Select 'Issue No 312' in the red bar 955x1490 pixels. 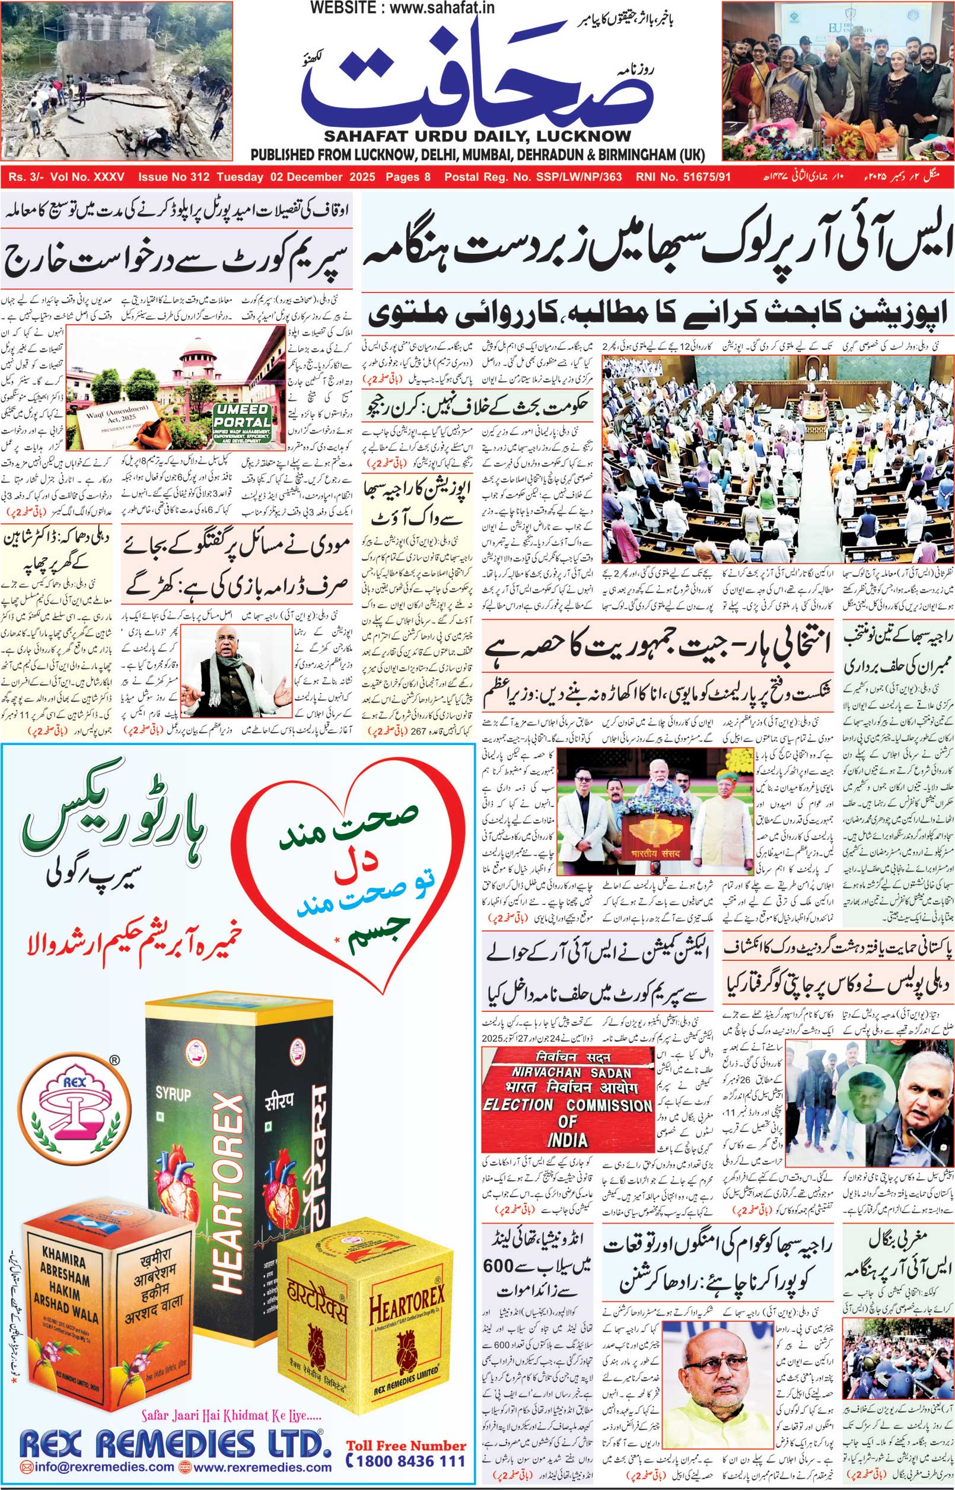[174, 177]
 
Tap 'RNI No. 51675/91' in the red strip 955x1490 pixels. [683, 177]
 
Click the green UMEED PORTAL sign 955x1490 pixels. [243, 423]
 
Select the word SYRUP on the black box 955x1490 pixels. [173, 1095]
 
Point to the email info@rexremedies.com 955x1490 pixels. [97, 1467]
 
